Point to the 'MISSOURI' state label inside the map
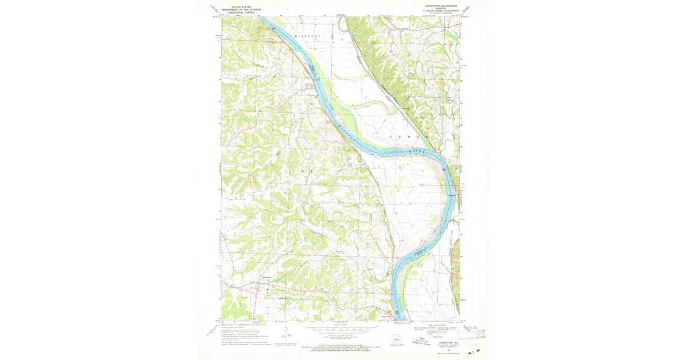point(305,36)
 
